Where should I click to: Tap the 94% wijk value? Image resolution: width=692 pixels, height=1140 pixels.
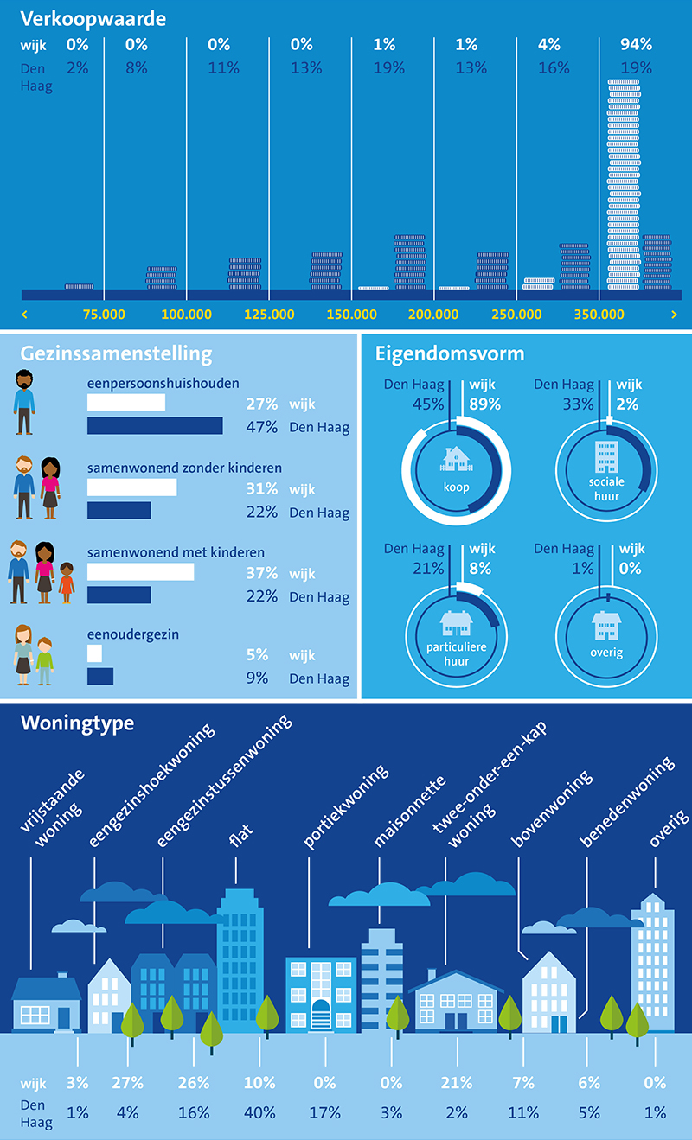(x=636, y=45)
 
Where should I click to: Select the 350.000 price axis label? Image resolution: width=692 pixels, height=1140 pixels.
(x=599, y=315)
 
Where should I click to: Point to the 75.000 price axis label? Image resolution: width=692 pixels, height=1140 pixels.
(x=102, y=315)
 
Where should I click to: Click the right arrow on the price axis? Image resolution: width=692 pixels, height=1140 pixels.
(x=673, y=315)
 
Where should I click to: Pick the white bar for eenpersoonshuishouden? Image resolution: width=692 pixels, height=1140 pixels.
(x=126, y=403)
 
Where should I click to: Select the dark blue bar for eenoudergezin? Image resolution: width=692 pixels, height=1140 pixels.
(x=100, y=677)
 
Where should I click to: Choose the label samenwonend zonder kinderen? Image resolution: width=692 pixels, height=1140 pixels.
(x=184, y=468)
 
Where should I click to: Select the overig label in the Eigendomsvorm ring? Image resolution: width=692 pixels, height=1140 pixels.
(x=606, y=653)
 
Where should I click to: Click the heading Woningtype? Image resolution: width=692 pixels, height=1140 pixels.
(x=77, y=723)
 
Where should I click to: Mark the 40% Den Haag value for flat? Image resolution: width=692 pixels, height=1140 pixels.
(x=259, y=1112)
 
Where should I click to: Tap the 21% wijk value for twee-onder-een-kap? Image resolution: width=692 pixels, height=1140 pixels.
(x=456, y=1083)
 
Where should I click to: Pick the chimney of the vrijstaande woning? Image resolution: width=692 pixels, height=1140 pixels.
(x=61, y=975)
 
